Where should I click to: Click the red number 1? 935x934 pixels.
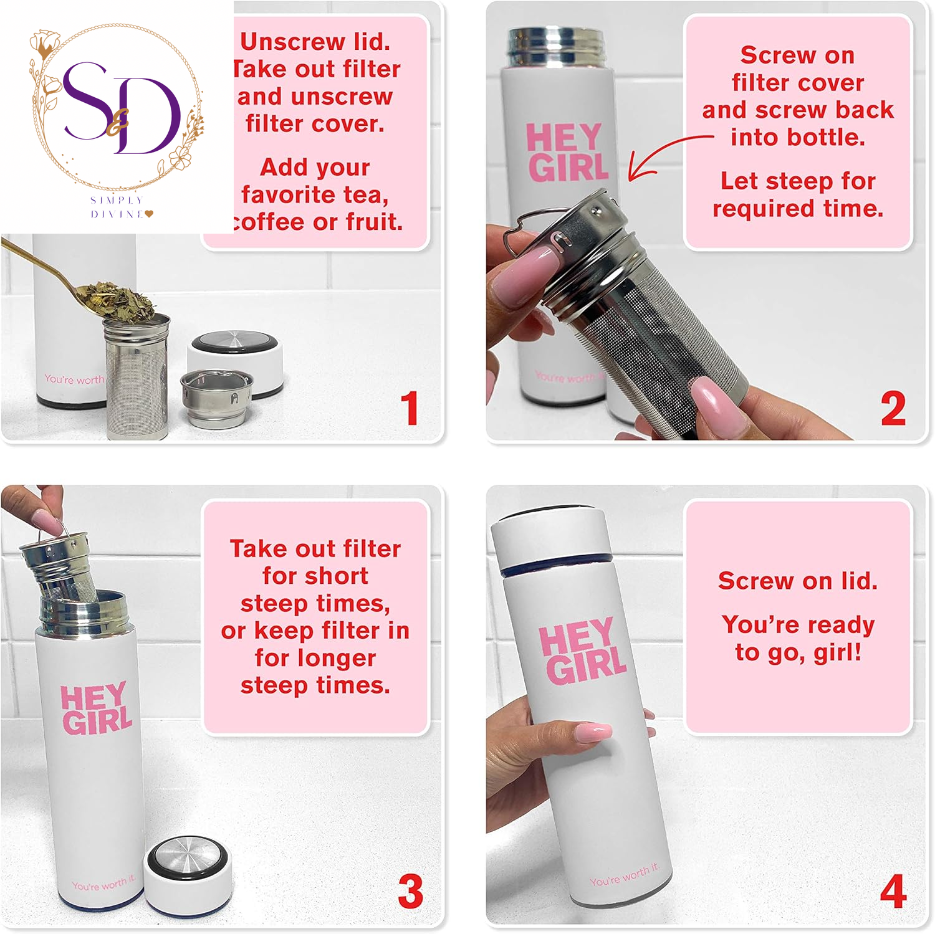(x=410, y=408)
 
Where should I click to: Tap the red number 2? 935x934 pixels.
(x=893, y=408)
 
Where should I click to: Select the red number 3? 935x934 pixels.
(x=410, y=891)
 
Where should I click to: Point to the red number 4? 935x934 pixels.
(x=893, y=891)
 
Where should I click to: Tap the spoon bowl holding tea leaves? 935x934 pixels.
(x=118, y=298)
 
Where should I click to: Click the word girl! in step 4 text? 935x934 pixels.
(x=837, y=652)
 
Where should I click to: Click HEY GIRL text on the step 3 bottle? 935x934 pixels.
(x=96, y=709)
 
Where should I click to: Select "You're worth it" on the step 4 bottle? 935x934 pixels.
(x=624, y=874)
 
